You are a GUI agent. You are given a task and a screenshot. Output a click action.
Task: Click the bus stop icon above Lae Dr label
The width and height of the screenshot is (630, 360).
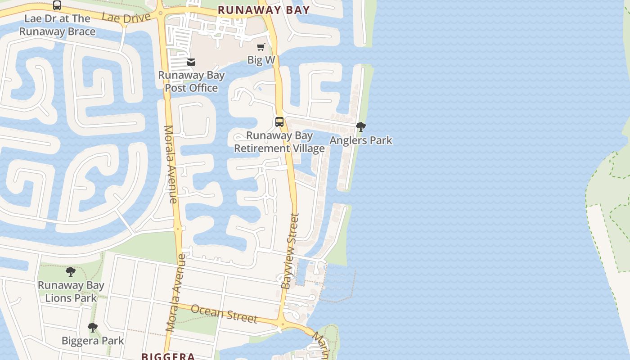pos(57,5)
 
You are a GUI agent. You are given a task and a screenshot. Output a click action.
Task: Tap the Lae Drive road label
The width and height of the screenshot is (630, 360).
pos(126,18)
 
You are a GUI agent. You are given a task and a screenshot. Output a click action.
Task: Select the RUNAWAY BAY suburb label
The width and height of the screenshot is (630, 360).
pos(264,10)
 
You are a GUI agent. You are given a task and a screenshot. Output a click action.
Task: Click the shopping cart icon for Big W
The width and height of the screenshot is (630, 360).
pos(261,47)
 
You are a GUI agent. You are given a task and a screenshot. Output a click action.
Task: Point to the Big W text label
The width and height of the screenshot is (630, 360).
pos(261,60)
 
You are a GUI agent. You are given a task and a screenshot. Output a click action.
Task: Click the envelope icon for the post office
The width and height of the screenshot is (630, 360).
pos(191,62)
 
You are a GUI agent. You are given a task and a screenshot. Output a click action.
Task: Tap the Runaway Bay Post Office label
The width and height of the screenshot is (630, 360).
pos(191,81)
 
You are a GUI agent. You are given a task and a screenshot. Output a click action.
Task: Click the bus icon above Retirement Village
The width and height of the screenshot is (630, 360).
pos(279,121)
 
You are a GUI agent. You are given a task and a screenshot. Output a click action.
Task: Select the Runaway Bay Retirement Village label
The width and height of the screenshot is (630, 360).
pos(279,142)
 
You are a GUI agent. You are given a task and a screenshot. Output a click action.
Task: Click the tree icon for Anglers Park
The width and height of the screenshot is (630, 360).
pos(360,127)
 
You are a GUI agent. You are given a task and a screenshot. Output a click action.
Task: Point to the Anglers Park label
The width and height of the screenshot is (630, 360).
pos(361,140)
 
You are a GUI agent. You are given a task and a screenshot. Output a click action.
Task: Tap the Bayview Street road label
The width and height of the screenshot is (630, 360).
pos(290,251)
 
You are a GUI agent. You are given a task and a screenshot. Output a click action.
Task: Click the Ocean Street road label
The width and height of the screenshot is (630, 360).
pos(224,313)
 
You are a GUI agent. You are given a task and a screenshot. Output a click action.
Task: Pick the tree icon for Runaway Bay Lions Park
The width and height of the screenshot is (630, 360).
pos(71,272)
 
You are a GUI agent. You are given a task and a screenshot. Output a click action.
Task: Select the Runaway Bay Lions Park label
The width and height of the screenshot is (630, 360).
pos(71,291)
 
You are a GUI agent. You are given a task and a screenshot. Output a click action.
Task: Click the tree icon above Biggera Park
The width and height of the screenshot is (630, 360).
pos(93,328)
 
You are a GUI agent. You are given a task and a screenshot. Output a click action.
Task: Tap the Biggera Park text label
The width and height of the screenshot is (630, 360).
pos(93,341)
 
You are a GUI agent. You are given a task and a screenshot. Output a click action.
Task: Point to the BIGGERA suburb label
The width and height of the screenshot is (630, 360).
pos(168,356)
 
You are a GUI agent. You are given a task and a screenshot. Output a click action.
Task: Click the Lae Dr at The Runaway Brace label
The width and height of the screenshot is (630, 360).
pos(57,25)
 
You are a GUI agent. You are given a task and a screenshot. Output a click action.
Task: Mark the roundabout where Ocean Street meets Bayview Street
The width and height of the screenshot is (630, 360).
pos(282,324)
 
